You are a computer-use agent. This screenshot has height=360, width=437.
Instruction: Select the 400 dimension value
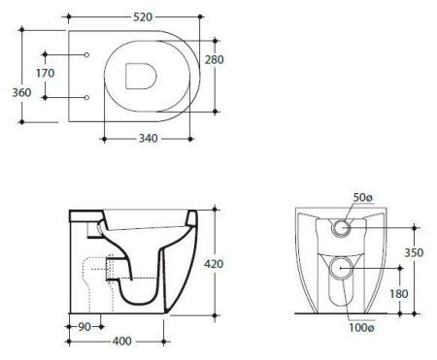(121, 343)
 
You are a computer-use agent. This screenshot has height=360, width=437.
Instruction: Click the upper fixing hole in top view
(87, 55)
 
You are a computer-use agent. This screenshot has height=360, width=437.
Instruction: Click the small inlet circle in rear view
(341, 228)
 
